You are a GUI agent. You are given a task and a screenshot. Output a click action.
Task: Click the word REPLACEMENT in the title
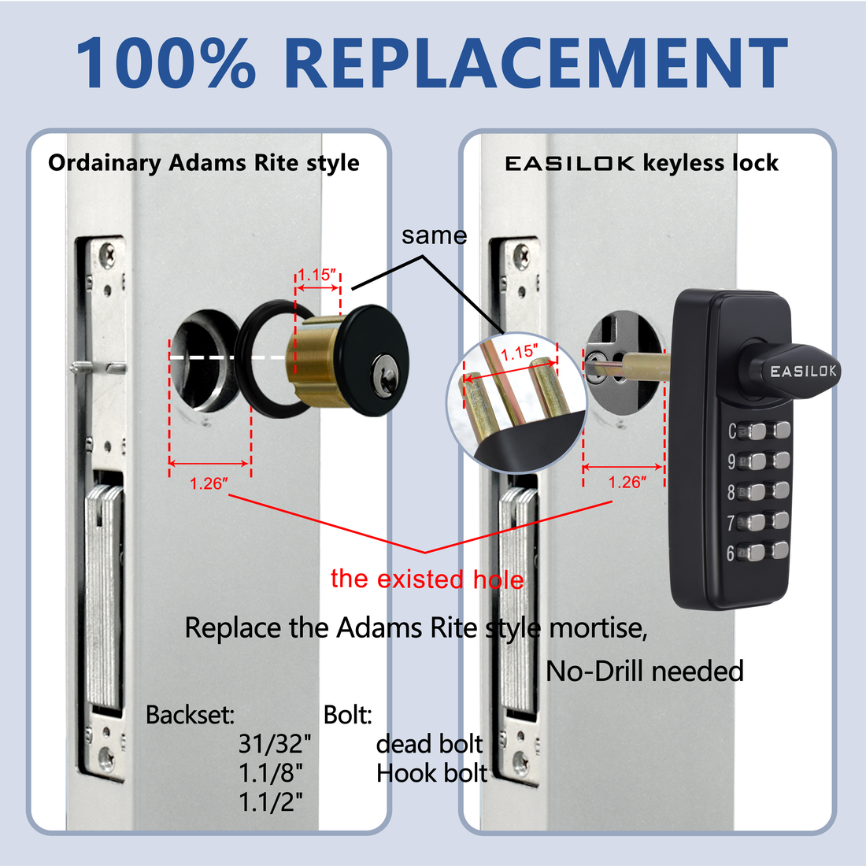pyautogui.click(x=535, y=63)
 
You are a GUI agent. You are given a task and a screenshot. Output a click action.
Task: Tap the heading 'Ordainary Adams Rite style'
pyautogui.click(x=203, y=163)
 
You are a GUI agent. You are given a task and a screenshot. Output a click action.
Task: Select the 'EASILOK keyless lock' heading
pyautogui.click(x=641, y=163)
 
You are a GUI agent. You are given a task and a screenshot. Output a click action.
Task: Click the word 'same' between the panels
pyautogui.click(x=434, y=235)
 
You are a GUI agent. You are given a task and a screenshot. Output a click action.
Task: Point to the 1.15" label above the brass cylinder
pyautogui.click(x=316, y=275)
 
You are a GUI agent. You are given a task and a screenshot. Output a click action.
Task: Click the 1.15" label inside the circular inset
pyautogui.click(x=520, y=352)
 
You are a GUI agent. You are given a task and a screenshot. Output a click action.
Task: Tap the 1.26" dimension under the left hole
pyautogui.click(x=209, y=483)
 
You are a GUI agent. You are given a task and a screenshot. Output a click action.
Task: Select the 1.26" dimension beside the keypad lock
pyautogui.click(x=627, y=482)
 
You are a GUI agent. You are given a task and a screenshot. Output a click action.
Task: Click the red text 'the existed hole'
pyautogui.click(x=427, y=579)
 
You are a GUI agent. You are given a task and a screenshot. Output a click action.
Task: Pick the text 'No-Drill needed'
pyautogui.click(x=644, y=671)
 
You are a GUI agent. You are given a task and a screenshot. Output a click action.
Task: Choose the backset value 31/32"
pyautogui.click(x=275, y=744)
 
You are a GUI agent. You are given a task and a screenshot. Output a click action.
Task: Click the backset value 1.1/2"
pyautogui.click(x=271, y=802)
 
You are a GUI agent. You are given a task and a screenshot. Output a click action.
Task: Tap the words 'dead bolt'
pyautogui.click(x=429, y=744)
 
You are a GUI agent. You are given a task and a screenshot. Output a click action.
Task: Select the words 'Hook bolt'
pyautogui.click(x=431, y=773)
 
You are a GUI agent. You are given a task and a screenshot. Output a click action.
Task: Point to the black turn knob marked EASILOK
pyautogui.click(x=795, y=370)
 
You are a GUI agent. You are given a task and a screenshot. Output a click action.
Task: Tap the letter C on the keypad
pyautogui.click(x=732, y=431)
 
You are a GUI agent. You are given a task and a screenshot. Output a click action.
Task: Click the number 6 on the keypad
pyautogui.click(x=731, y=553)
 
